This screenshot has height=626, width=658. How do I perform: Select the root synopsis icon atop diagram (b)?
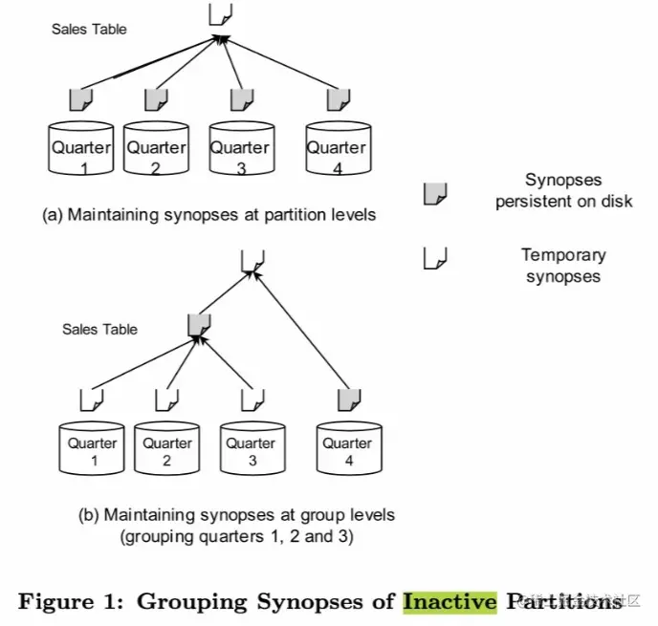tap(252, 259)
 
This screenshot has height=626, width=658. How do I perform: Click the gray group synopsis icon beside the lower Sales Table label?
tap(198, 324)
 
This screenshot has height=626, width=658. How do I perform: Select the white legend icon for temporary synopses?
tap(435, 258)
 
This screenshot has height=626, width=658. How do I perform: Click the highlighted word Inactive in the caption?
tap(450, 601)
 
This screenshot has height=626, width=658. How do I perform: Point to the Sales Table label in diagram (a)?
tap(89, 30)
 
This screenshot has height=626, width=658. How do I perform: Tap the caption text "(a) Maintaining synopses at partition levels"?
tap(209, 215)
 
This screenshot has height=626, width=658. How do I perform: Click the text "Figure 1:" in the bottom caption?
tap(73, 601)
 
